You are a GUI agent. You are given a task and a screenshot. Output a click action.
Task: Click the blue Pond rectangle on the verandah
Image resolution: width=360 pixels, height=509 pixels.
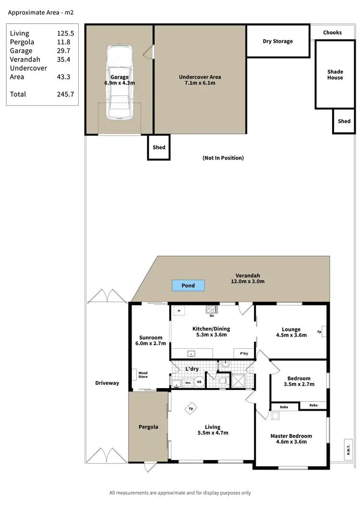click(x=188, y=286)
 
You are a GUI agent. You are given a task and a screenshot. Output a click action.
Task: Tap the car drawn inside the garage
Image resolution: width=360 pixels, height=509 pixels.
click(x=119, y=83)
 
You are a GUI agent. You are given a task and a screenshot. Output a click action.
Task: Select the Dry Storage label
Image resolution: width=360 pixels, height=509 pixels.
click(x=277, y=41)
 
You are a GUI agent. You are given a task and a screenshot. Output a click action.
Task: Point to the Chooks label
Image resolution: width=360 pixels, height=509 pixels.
click(x=332, y=33)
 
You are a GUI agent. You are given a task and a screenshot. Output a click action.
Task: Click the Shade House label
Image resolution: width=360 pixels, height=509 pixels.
click(x=335, y=75)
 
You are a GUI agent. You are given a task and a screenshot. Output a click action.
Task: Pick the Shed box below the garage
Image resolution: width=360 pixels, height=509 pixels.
click(x=159, y=148)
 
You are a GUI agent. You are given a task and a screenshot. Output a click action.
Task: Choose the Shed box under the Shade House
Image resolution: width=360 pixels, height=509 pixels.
click(x=344, y=121)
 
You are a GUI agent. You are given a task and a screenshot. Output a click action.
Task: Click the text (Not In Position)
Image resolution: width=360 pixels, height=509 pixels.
click(x=223, y=158)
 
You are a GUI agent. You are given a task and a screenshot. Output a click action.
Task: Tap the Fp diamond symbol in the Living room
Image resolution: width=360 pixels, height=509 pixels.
click(x=191, y=409)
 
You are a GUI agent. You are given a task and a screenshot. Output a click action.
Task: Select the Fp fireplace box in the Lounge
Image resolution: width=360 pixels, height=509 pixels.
click(x=319, y=331)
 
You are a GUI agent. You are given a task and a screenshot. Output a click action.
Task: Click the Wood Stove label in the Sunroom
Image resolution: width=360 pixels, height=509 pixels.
click(x=143, y=375)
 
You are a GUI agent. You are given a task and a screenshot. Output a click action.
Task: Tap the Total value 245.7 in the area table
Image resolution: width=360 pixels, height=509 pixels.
click(x=65, y=95)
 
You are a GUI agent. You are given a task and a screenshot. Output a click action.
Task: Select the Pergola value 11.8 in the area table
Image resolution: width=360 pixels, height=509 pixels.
click(x=63, y=42)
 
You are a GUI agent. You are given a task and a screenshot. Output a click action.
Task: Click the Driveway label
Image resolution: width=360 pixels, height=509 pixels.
click(x=107, y=383)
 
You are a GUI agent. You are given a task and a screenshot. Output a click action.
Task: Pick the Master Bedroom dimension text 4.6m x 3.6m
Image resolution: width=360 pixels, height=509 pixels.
click(x=291, y=442)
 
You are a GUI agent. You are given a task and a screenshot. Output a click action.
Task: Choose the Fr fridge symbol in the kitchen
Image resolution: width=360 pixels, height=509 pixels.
click(x=179, y=311)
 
